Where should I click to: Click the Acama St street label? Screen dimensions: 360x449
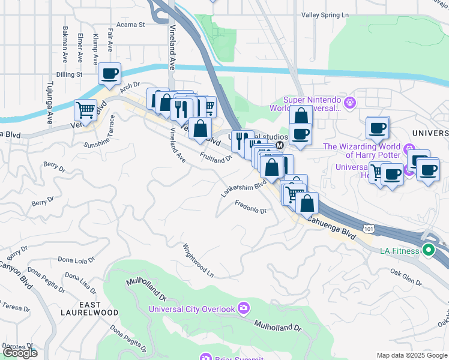[x=131, y=25]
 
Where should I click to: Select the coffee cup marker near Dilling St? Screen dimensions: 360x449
[x=109, y=73]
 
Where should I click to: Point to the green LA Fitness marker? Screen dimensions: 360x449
[x=428, y=250]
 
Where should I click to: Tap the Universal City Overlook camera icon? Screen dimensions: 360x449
[x=243, y=308]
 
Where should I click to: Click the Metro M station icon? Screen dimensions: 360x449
[x=279, y=146]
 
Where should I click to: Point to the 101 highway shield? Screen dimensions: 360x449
[x=369, y=229]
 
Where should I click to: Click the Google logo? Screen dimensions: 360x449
[x=20, y=353]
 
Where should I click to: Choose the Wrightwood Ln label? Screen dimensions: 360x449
[x=198, y=259]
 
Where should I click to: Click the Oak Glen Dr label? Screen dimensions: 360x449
[x=406, y=275]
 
